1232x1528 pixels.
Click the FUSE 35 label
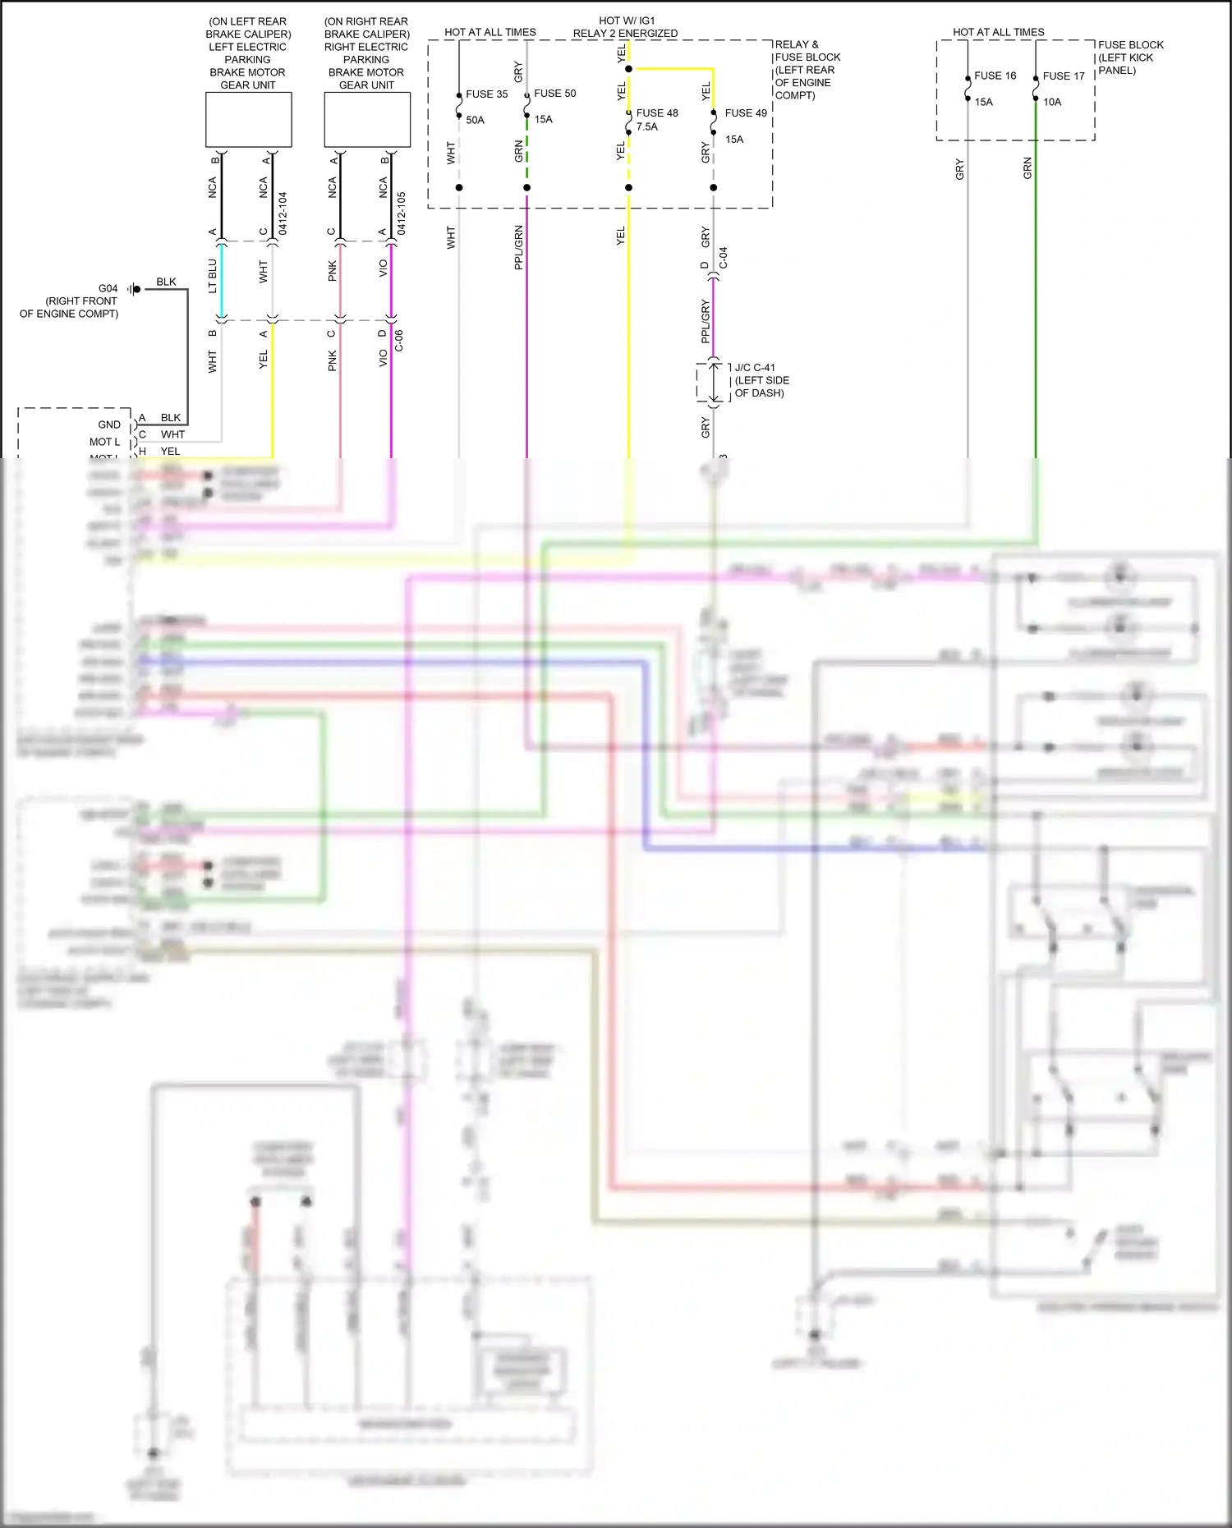click(x=486, y=94)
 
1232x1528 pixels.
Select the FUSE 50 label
click(x=554, y=94)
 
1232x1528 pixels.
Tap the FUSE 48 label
click(x=657, y=113)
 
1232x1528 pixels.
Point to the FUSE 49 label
click(x=746, y=113)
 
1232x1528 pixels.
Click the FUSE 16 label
click(x=995, y=76)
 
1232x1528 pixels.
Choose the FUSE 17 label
click(x=1064, y=76)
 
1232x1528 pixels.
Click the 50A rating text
click(x=475, y=120)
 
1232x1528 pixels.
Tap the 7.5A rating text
click(x=646, y=126)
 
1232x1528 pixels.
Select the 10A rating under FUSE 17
click(x=1052, y=103)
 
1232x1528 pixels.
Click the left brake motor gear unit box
click(x=248, y=120)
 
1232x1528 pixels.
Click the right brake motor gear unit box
click(x=367, y=120)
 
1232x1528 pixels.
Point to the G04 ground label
click(x=108, y=288)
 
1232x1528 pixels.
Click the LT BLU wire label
click(x=213, y=276)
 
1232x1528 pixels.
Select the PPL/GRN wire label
click(x=518, y=247)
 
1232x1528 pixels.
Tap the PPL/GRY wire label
click(x=705, y=322)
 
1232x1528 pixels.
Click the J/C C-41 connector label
click(x=755, y=368)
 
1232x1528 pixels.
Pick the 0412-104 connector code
click(x=283, y=213)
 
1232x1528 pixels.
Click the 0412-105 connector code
click(x=402, y=213)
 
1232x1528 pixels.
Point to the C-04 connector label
click(x=723, y=258)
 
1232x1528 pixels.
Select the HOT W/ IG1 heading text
click(x=627, y=21)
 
